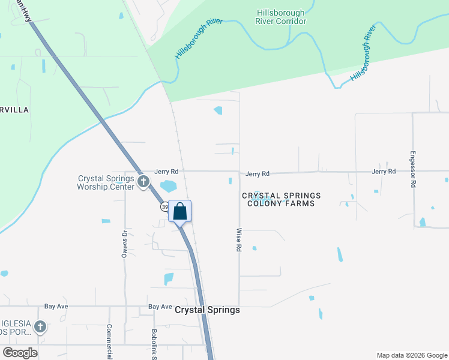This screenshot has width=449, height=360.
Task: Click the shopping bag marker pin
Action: click(x=179, y=211)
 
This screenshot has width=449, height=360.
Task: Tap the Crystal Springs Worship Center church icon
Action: click(x=143, y=181)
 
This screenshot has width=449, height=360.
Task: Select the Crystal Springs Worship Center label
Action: click(x=106, y=182)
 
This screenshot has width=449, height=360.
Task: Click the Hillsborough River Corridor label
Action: click(x=282, y=17)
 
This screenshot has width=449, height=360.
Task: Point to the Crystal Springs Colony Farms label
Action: click(x=282, y=199)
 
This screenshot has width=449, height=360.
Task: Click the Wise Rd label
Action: click(x=239, y=239)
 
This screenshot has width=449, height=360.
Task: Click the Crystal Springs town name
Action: click(x=207, y=310)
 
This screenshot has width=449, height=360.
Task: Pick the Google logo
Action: click(x=20, y=353)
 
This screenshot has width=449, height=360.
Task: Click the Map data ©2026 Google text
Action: click(x=411, y=355)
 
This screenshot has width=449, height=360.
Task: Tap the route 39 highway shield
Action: click(x=164, y=207)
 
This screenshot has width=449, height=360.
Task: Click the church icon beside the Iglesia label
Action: click(x=40, y=327)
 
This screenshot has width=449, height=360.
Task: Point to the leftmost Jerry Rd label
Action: click(x=166, y=171)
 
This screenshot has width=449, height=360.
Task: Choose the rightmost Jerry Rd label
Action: click(x=384, y=172)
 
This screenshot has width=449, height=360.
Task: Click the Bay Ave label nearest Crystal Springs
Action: click(x=160, y=307)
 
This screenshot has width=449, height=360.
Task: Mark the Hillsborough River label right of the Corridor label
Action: click(x=363, y=53)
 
